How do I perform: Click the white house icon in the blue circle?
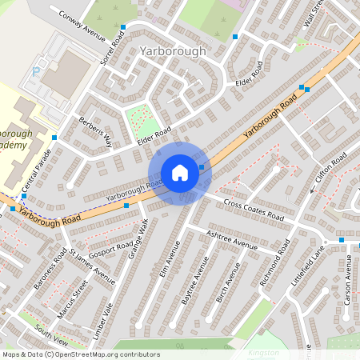180,173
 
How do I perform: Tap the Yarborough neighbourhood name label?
172,51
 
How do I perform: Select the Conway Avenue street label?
78,25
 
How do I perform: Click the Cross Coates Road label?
254,210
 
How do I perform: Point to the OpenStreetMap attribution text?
80,354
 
